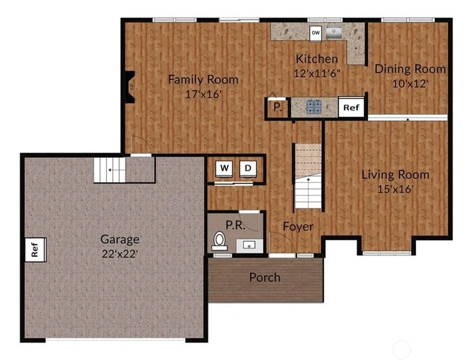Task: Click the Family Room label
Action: (x=203, y=79)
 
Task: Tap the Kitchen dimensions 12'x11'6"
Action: (x=317, y=73)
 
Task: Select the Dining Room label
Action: (x=410, y=69)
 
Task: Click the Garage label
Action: (x=119, y=239)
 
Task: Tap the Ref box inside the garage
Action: (x=33, y=250)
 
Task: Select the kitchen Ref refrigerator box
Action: (x=351, y=107)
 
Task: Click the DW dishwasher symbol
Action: (x=316, y=33)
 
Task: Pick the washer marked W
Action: (x=224, y=168)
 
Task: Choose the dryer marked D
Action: (x=248, y=168)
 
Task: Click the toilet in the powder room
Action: (x=219, y=240)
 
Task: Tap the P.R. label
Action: (x=234, y=224)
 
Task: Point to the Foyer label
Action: (x=298, y=226)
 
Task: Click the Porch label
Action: (x=264, y=277)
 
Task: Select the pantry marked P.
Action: (x=277, y=108)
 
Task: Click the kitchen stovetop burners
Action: (x=314, y=107)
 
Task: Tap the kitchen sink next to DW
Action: (x=335, y=32)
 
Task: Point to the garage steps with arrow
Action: (x=110, y=171)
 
